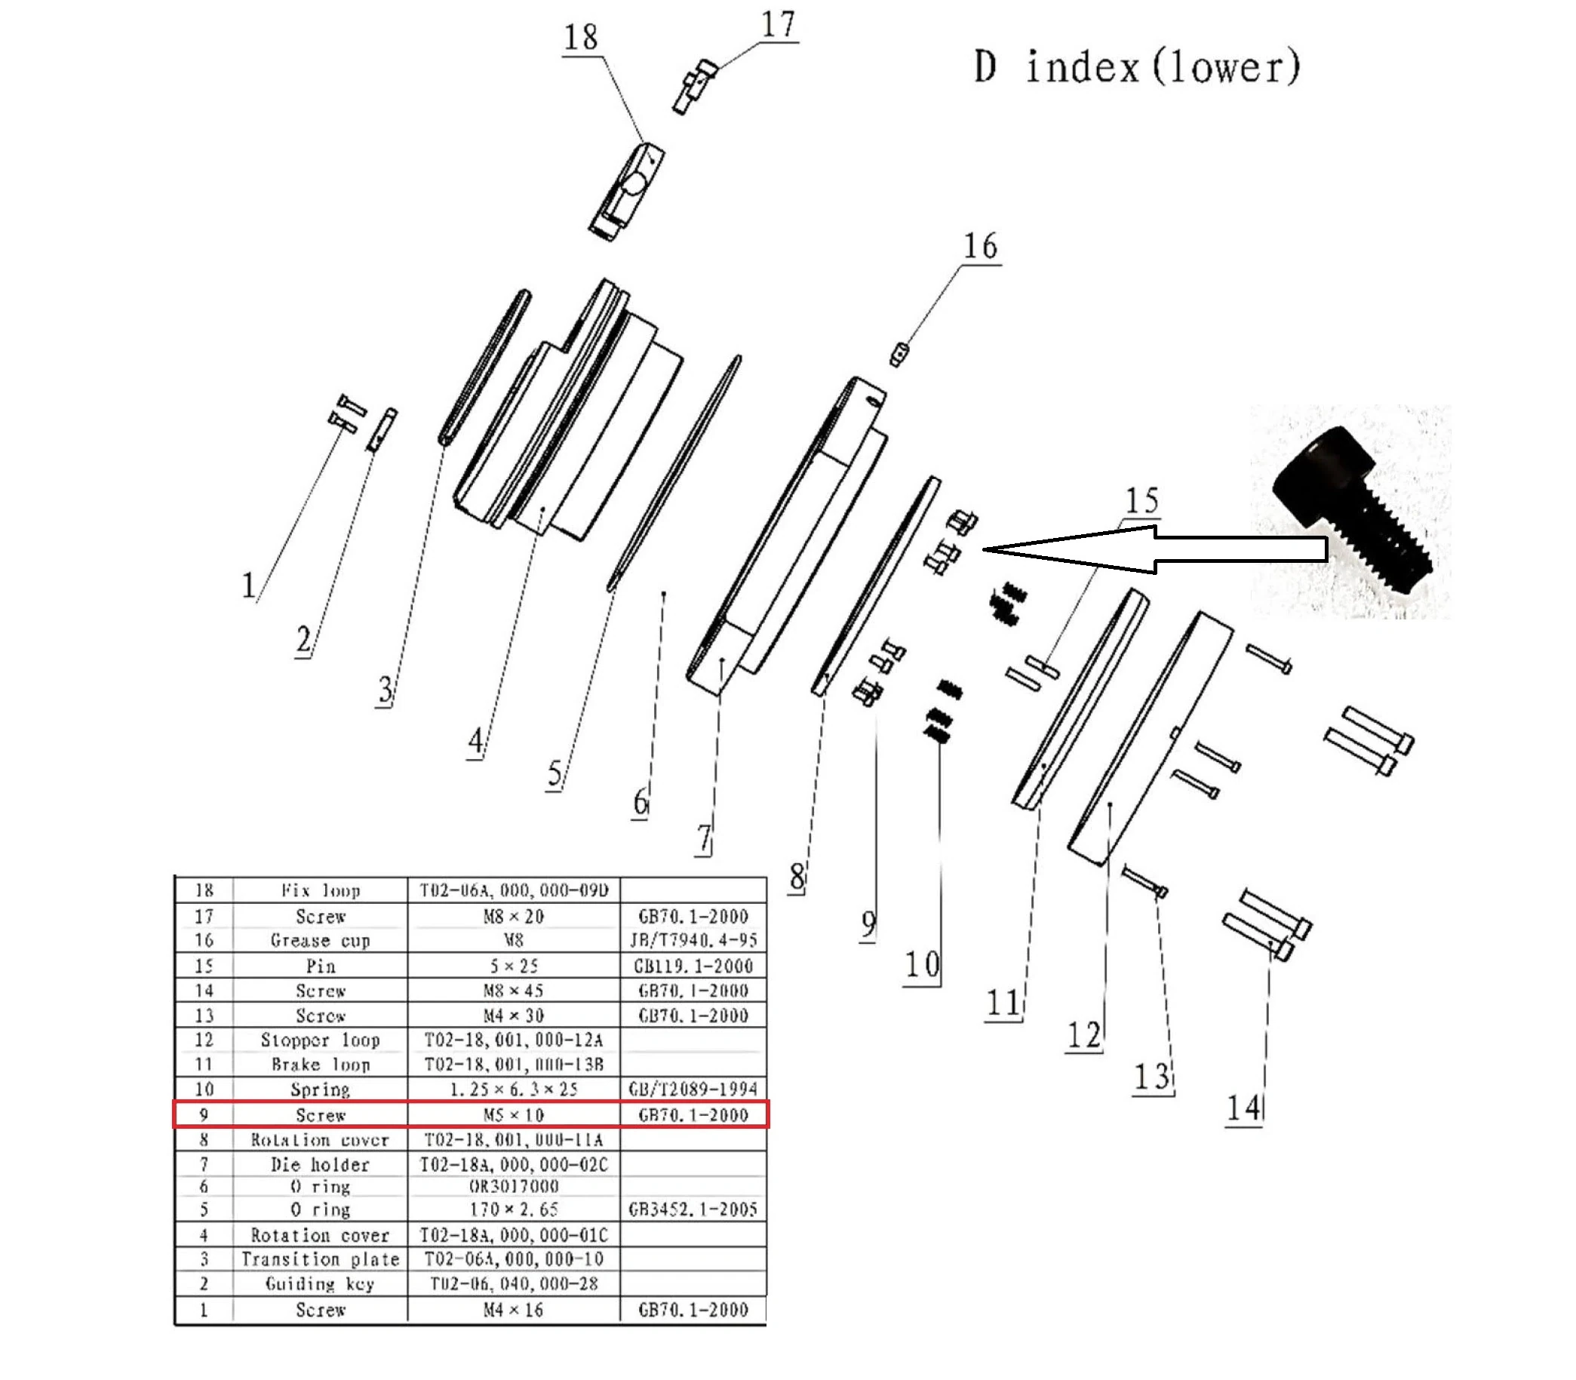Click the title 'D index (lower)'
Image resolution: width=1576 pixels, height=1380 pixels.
point(1136,68)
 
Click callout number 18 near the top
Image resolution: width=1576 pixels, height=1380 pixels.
point(580,37)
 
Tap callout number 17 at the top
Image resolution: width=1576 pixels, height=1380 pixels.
point(778,25)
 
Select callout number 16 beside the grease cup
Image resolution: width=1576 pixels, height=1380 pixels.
point(980,247)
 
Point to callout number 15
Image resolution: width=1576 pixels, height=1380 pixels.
point(1141,500)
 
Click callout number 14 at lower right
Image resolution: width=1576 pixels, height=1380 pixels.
point(1243,1108)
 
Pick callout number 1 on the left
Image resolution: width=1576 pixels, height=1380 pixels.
point(248,586)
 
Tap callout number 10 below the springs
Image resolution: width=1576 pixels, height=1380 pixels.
point(922,965)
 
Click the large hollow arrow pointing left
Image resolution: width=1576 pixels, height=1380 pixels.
point(1155,549)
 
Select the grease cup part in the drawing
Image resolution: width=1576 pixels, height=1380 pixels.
point(899,355)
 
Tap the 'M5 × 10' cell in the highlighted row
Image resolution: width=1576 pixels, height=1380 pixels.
point(514,1115)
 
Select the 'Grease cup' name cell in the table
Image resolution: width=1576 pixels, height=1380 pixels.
point(321,940)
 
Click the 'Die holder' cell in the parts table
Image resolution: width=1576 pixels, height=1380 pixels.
point(321,1164)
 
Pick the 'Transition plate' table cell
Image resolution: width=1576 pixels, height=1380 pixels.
point(321,1259)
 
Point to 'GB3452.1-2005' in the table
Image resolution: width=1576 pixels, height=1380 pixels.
point(693,1209)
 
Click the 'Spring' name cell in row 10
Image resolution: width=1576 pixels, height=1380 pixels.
point(321,1090)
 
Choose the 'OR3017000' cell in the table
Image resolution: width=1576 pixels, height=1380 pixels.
point(514,1187)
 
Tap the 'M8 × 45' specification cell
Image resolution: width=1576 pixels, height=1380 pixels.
point(514,991)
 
